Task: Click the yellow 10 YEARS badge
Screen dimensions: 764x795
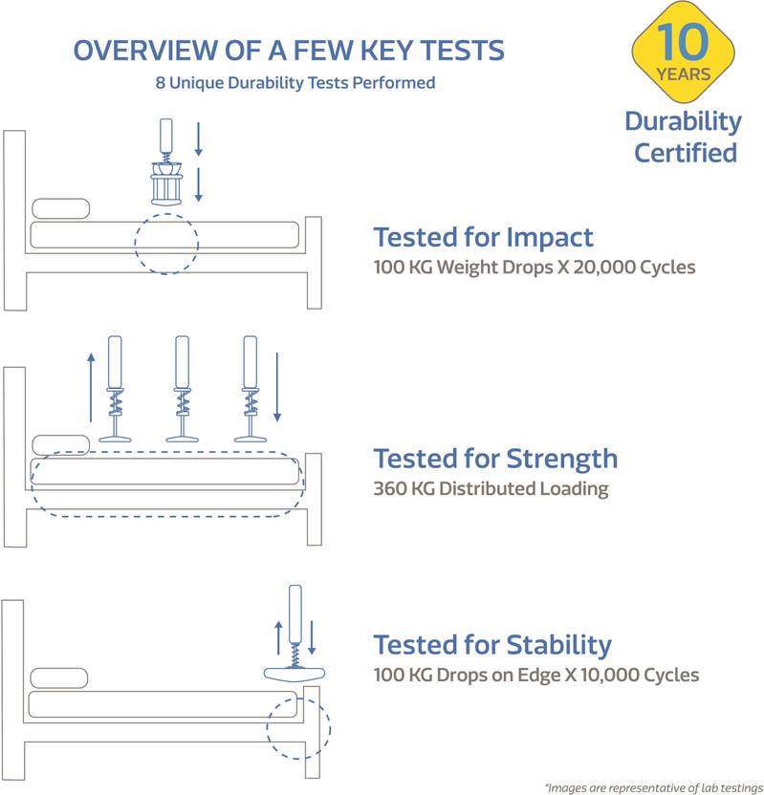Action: click(683, 52)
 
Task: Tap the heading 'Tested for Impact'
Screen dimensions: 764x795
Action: click(483, 237)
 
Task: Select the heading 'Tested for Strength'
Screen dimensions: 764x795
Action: click(495, 460)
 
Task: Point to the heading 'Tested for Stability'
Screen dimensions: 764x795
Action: click(492, 645)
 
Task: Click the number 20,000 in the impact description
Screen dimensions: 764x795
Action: click(604, 268)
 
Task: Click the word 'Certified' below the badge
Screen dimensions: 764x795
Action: click(686, 153)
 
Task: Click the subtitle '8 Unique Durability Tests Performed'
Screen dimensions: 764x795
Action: click(295, 82)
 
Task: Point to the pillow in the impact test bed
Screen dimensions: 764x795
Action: click(61, 208)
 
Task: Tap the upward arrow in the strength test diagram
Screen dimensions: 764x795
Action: click(91, 387)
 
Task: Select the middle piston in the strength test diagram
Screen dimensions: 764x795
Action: click(182, 389)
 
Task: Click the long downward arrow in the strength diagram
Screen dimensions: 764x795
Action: click(277, 387)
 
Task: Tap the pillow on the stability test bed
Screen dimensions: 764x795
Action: click(59, 677)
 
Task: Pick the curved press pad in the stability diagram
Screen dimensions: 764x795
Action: click(295, 675)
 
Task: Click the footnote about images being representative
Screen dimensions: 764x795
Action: click(653, 787)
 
